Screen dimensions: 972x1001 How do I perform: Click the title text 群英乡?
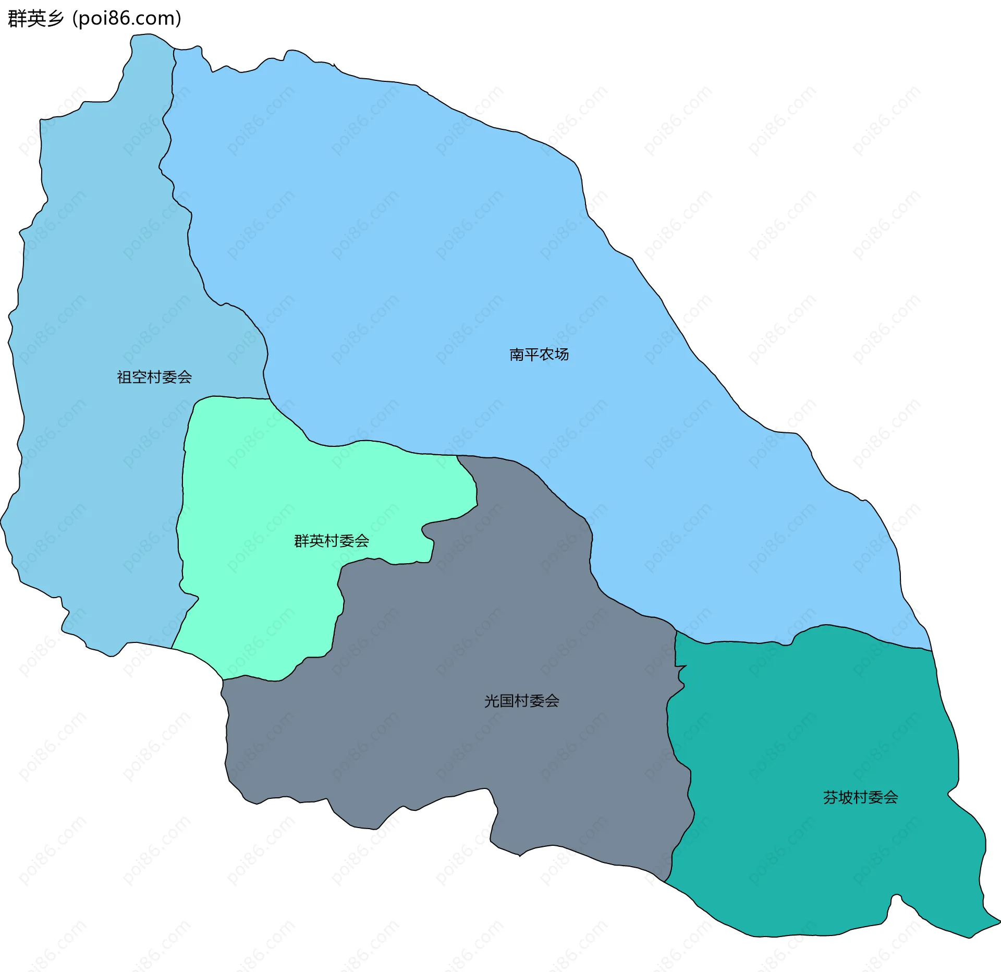(35, 19)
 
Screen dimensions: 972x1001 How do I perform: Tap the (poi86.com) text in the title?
(127, 19)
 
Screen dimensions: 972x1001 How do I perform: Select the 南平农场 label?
(539, 355)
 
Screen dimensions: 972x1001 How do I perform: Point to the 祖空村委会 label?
(154, 377)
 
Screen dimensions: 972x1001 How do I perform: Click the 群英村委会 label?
(332, 541)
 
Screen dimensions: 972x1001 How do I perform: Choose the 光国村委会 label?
(521, 701)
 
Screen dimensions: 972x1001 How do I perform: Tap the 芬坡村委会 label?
(860, 797)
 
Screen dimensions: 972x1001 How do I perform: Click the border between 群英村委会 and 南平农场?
(365, 442)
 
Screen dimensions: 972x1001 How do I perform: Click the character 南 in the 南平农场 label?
(517, 355)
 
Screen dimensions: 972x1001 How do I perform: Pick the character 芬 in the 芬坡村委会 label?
(831, 797)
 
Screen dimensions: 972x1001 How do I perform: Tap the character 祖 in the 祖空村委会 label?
(125, 377)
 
